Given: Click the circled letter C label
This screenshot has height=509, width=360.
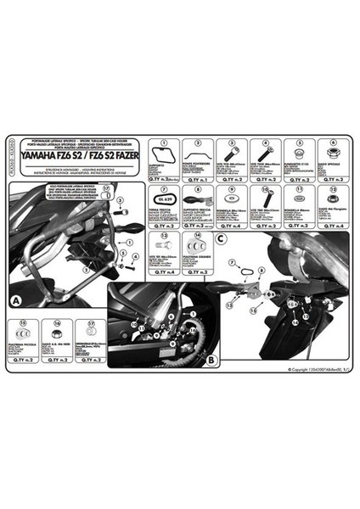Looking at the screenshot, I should point(221,239).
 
